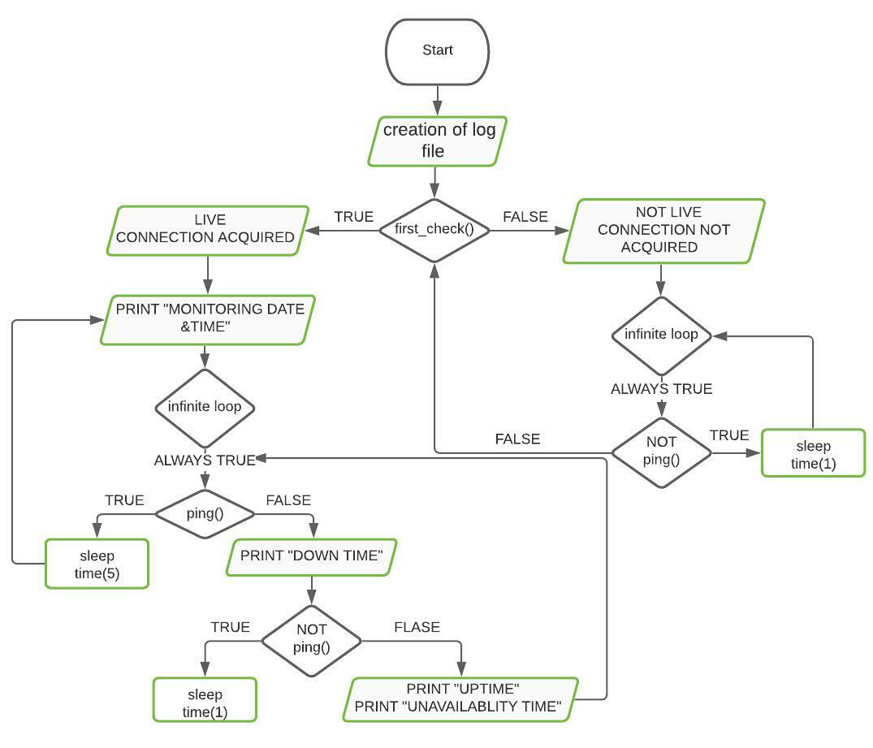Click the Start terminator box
pyautogui.click(x=437, y=51)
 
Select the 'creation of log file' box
pyautogui.click(x=438, y=141)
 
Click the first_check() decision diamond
pyautogui.click(x=434, y=230)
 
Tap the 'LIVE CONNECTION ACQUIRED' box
pyautogui.click(x=209, y=230)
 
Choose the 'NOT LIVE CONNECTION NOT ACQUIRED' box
pyautogui.click(x=664, y=231)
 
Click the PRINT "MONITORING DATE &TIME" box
pyautogui.click(x=208, y=318)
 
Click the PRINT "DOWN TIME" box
pyautogui.click(x=312, y=557)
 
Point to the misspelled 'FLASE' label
pyautogui.click(x=417, y=627)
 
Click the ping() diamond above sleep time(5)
pyautogui.click(x=205, y=513)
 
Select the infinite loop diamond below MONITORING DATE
pyautogui.click(x=205, y=407)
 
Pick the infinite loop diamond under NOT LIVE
pyautogui.click(x=661, y=335)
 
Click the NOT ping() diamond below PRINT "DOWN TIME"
pyautogui.click(x=312, y=640)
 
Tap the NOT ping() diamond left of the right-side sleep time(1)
pyautogui.click(x=661, y=452)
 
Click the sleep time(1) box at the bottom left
pyautogui.click(x=205, y=699)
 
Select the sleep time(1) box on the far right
pyautogui.click(x=813, y=452)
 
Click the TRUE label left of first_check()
pyautogui.click(x=353, y=217)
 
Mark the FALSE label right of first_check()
pyautogui.click(x=525, y=217)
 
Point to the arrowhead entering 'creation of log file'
pyautogui.click(x=438, y=111)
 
